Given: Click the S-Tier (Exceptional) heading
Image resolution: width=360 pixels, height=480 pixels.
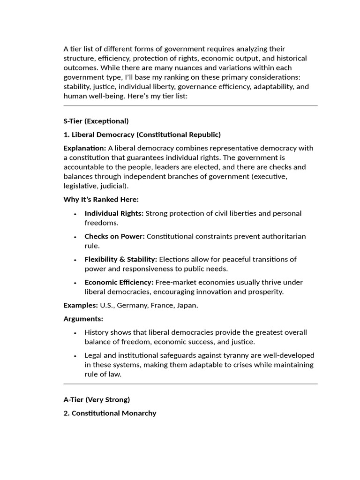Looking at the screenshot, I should click(x=96, y=121).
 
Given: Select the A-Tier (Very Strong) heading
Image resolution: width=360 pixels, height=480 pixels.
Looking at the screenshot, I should click(x=97, y=400).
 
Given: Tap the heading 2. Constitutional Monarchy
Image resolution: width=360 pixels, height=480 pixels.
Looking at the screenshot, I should click(x=110, y=413).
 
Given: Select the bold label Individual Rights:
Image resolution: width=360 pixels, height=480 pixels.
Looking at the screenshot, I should click(x=114, y=213).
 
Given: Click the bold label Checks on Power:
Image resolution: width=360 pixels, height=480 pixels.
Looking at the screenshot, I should click(x=114, y=236).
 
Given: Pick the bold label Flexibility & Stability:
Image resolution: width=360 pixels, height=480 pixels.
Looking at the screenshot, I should click(x=121, y=259).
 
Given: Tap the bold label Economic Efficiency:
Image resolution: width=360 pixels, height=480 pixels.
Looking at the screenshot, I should click(x=119, y=282).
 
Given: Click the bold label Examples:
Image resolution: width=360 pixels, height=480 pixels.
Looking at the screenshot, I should click(x=81, y=305).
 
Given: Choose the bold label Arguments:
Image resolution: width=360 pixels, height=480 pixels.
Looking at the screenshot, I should click(x=83, y=319).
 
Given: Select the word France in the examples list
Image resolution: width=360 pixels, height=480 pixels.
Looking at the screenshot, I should click(x=162, y=305).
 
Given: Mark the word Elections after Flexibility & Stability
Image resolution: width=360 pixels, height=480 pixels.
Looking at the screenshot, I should click(x=174, y=259).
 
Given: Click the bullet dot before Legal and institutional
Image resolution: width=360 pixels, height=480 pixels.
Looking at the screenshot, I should click(x=75, y=356).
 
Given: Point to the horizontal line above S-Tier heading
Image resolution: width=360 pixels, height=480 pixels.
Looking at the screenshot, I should click(x=190, y=105).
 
